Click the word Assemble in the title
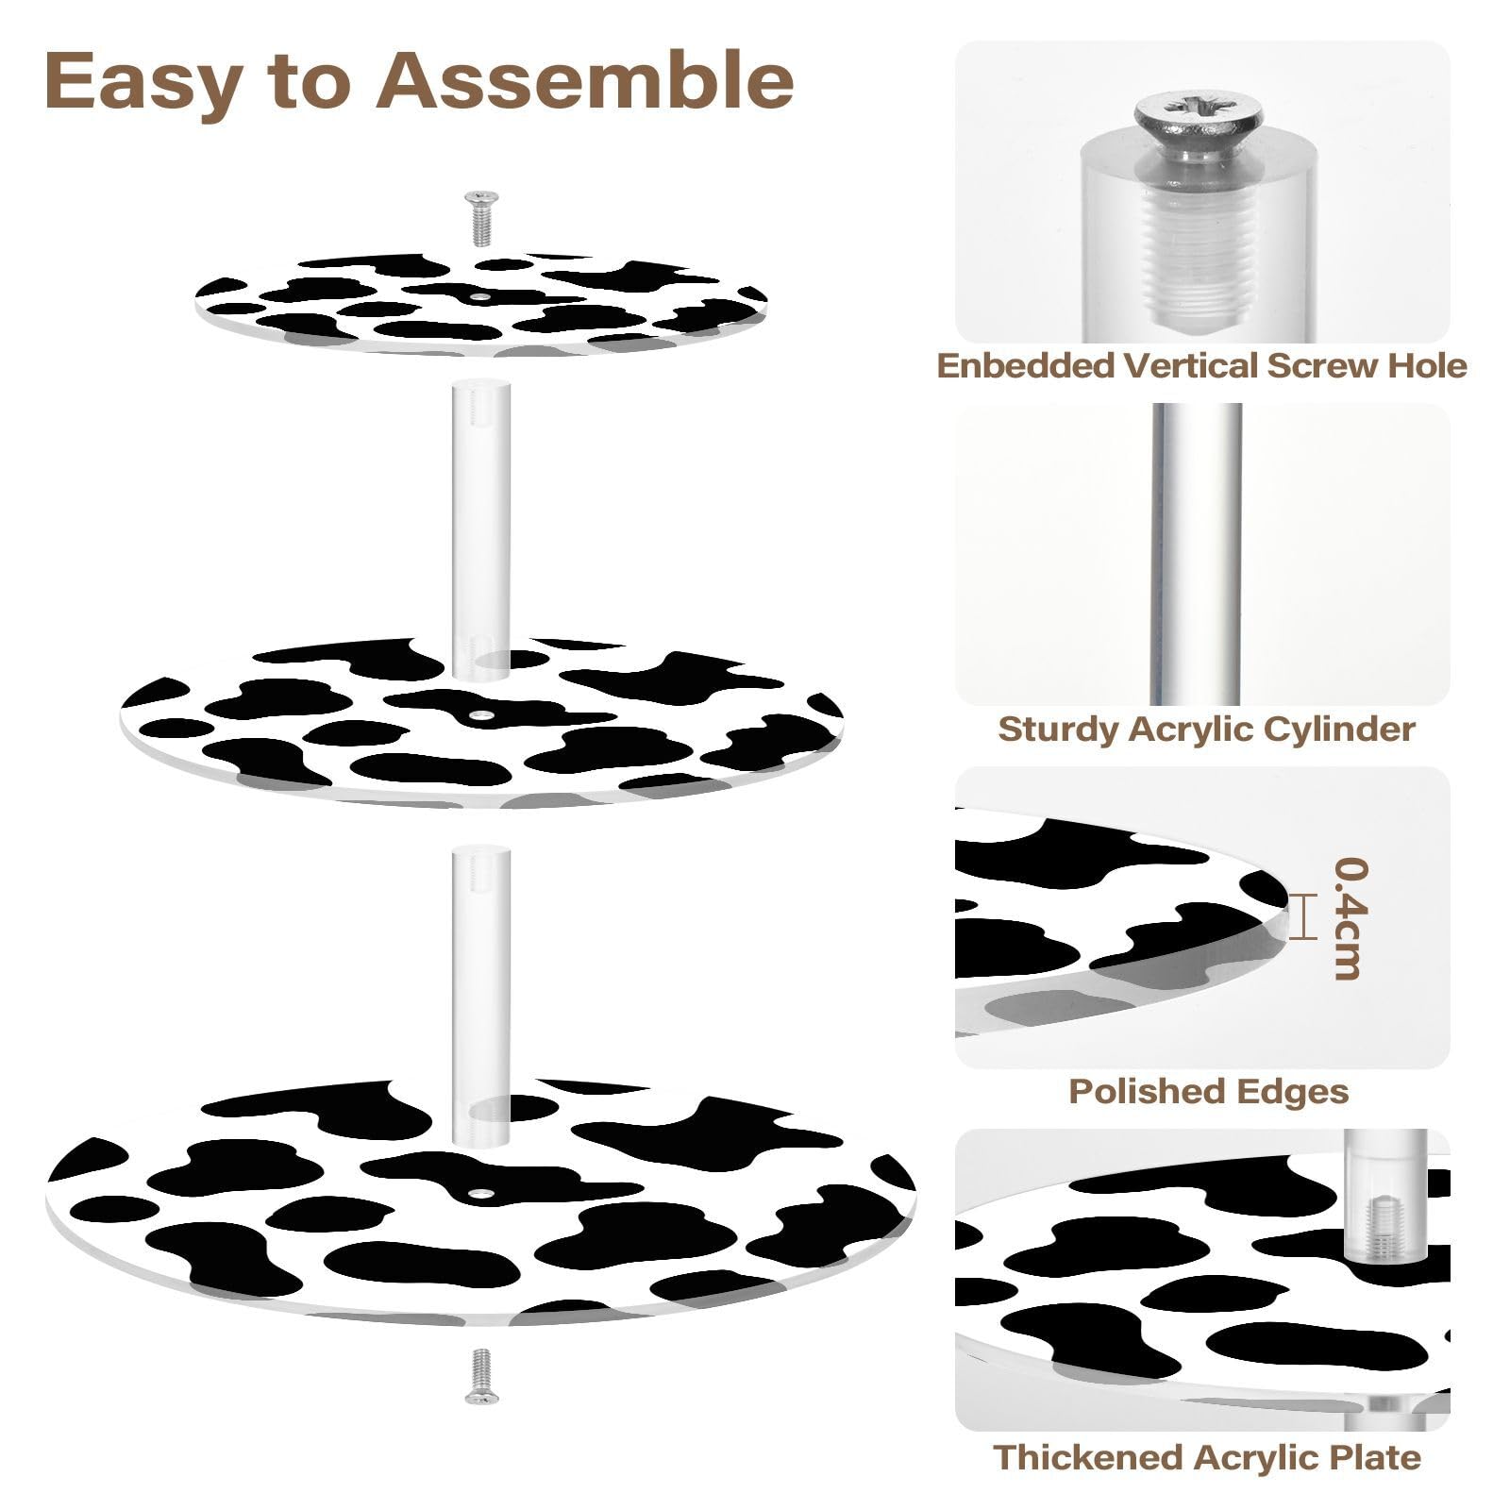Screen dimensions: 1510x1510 pyautogui.click(x=584, y=81)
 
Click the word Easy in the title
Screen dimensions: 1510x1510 pyautogui.click(x=142, y=81)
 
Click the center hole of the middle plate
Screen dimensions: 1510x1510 pyautogui.click(x=482, y=715)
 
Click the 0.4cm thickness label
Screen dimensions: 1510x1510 pyautogui.click(x=1351, y=918)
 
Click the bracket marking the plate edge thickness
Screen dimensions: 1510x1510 pyautogui.click(x=1303, y=917)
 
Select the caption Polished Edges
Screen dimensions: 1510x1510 pyautogui.click(x=1208, y=1091)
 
